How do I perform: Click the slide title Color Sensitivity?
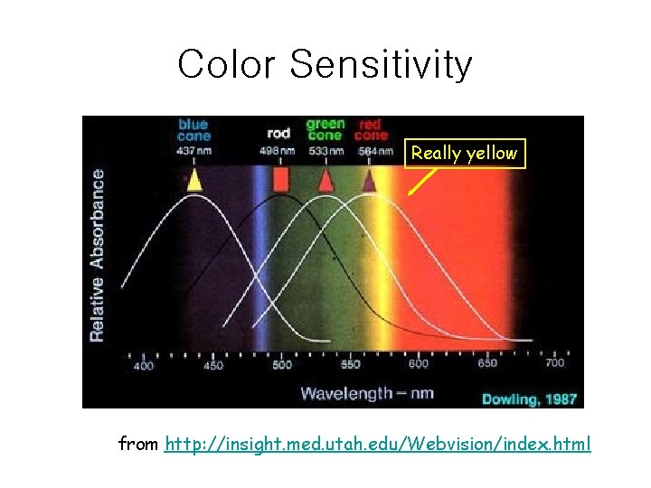pos(325,64)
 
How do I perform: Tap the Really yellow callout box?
pos(463,154)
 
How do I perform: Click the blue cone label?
pos(193,130)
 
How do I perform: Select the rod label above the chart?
pos(278,133)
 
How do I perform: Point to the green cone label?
pos(325,129)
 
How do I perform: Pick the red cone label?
pos(370,130)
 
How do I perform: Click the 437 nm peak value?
pos(193,151)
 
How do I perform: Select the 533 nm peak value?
pos(325,151)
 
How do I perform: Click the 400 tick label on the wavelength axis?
pos(144,365)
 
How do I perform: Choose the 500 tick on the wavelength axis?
pos(282,365)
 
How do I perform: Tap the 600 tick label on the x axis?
pos(419,364)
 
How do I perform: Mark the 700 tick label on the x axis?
pos(555,362)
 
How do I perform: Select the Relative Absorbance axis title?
pos(97,256)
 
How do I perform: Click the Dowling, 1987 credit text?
pos(528,398)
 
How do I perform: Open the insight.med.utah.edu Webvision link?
pos(378,445)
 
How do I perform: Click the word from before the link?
pos(139,445)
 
